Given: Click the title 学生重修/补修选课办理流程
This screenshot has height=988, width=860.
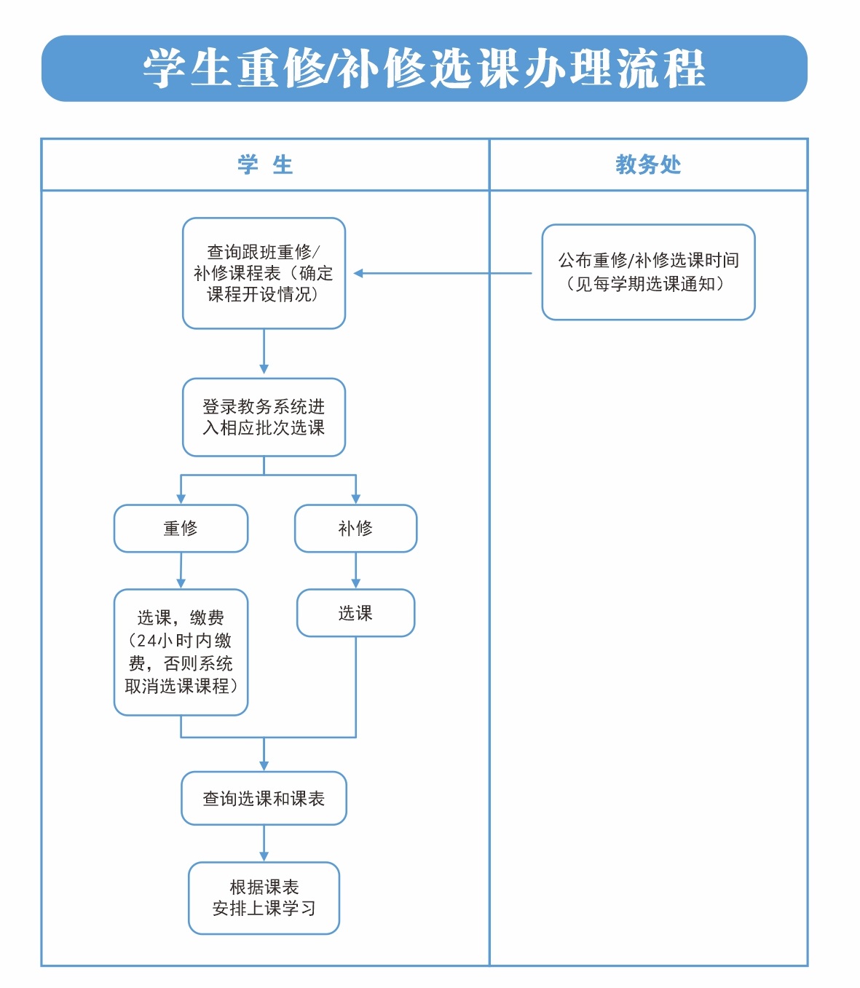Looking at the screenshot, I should click(x=425, y=68).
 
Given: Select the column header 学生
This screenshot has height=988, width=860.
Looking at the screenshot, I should click(x=265, y=165).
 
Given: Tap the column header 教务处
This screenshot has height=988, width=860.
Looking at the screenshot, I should click(x=648, y=165).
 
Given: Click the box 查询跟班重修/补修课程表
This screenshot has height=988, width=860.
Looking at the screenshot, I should click(x=264, y=273).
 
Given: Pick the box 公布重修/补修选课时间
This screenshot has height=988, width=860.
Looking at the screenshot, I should click(x=648, y=272).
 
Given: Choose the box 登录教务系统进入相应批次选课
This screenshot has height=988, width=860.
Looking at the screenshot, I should click(x=264, y=417).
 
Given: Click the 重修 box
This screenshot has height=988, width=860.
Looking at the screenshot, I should click(x=181, y=529).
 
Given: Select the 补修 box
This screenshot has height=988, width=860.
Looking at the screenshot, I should click(x=355, y=529).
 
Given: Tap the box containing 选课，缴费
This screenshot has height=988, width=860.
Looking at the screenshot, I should click(x=181, y=652).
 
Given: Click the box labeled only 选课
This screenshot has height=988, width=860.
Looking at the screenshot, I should click(x=355, y=613).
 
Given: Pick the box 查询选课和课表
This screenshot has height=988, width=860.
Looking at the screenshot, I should click(x=264, y=799).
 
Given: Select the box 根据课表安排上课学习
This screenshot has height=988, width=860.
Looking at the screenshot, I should click(x=264, y=898).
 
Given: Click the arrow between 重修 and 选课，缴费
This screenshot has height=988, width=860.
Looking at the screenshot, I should click(x=181, y=571).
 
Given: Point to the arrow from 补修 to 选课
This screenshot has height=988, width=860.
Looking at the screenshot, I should click(x=355, y=571).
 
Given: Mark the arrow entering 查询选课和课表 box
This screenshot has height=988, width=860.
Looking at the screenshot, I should click(x=264, y=756).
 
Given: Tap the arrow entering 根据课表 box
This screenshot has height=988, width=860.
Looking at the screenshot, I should click(x=264, y=845).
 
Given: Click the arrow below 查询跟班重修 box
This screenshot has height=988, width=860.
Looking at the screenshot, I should click(x=264, y=353).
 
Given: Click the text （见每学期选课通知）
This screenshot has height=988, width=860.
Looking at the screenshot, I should click(x=645, y=284).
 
